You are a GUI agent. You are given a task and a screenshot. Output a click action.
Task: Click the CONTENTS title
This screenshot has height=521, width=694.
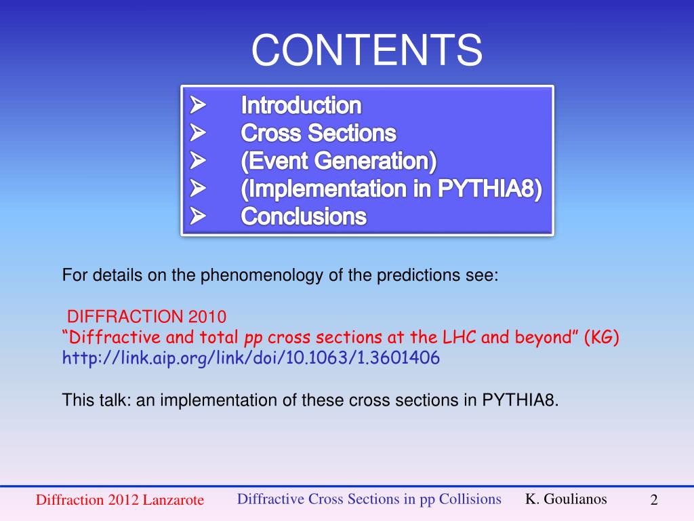point(367,50)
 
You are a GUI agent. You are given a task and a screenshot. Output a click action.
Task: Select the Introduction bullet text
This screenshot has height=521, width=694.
point(301,105)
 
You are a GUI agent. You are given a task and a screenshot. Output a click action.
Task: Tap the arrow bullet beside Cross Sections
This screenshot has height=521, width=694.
point(198,132)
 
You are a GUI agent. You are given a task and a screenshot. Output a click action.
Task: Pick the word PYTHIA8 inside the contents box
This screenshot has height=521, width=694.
point(489,189)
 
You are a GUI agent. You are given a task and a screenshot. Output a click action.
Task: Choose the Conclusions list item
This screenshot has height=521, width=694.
point(304,216)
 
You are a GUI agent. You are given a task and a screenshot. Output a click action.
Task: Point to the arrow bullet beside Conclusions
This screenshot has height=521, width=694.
point(198,216)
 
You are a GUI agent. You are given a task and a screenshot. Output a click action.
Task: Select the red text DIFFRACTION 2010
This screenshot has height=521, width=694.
point(146,316)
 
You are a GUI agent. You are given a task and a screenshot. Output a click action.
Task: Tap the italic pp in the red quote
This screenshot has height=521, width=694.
point(253,339)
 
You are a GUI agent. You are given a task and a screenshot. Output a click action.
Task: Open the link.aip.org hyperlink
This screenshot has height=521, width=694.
point(251,358)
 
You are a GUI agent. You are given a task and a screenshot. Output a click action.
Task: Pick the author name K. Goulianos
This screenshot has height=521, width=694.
point(566,499)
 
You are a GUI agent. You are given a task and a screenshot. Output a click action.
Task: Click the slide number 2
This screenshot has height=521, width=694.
point(654,500)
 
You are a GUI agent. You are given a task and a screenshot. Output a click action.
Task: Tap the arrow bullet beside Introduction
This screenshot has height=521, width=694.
point(198,105)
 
